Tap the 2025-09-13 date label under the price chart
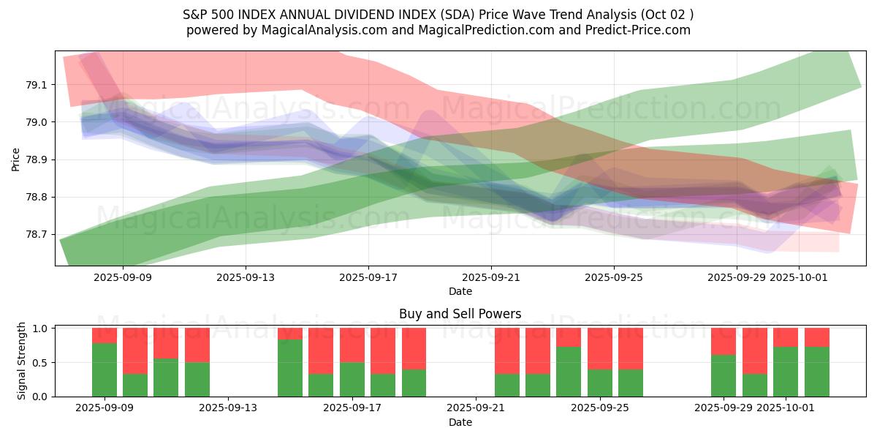click(246, 277)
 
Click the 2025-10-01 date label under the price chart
click(799, 277)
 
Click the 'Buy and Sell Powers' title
click(460, 314)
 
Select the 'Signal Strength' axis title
click(22, 361)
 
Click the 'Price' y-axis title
click(16, 159)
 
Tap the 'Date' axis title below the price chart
click(460, 291)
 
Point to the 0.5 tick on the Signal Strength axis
click(40, 363)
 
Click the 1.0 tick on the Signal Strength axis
click(40, 329)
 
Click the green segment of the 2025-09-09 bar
click(105, 369)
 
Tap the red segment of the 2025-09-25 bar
click(600, 348)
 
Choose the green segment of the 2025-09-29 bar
click(724, 375)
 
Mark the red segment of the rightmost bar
click(817, 337)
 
